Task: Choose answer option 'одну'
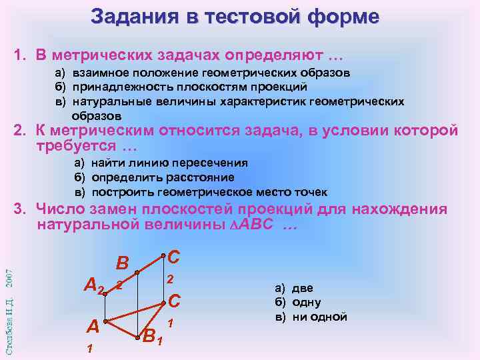point(306,302)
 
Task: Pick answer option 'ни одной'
point(319,317)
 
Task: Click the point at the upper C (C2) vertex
point(163,256)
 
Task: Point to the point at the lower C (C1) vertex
point(163,303)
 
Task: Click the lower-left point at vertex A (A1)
point(105,321)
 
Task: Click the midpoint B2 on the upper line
point(137,272)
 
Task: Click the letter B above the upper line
point(123,263)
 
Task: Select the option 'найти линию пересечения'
point(169,163)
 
